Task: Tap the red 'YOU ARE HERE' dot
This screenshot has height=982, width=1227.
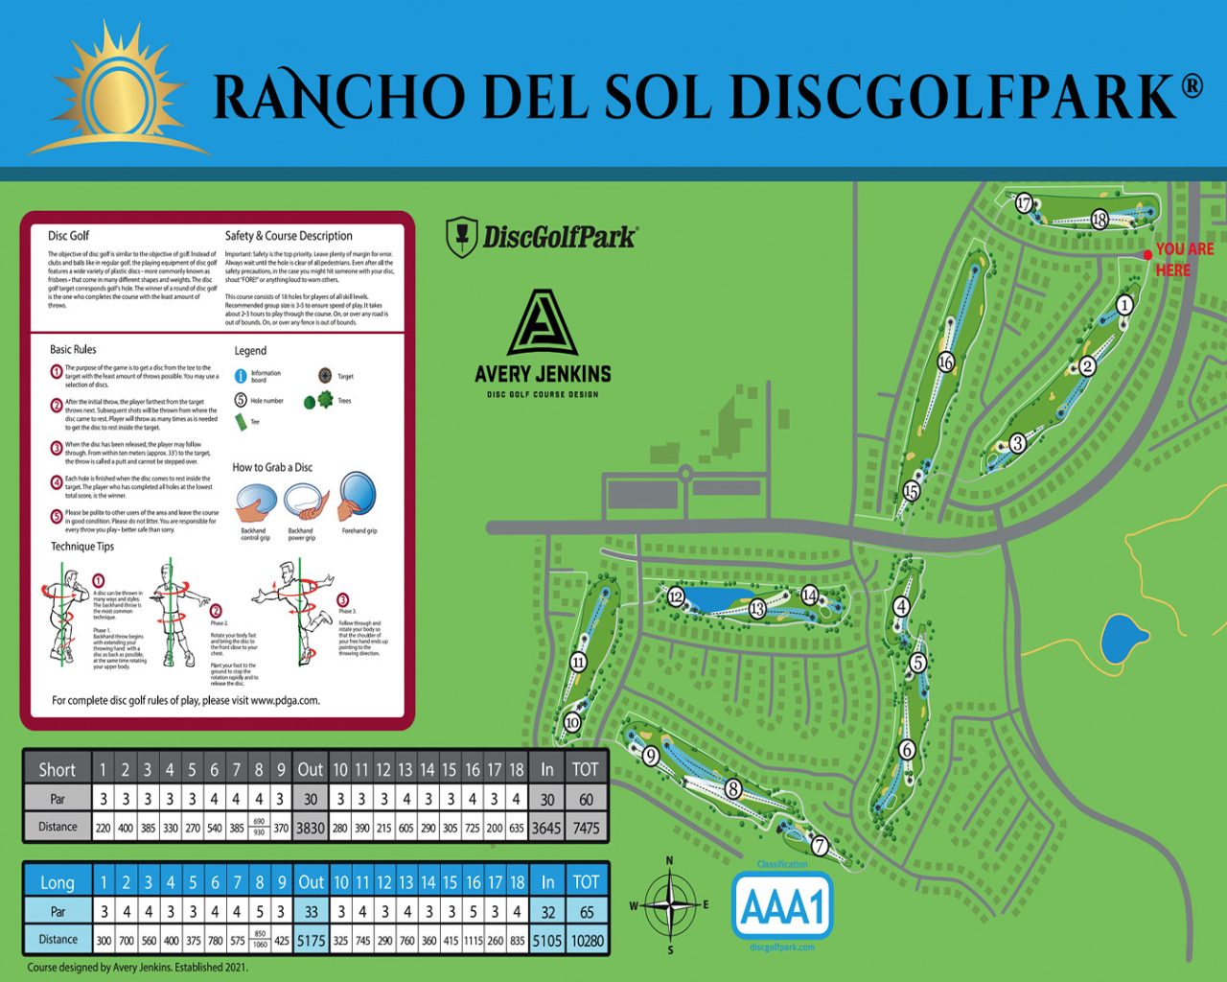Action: (1147, 255)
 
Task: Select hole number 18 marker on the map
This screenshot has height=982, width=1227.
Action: (1100, 220)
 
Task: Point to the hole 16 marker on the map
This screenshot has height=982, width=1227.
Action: (945, 362)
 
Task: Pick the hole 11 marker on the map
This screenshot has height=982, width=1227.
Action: (578, 662)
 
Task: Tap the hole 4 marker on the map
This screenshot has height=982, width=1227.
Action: (900, 606)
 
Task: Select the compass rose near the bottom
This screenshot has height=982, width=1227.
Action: (670, 904)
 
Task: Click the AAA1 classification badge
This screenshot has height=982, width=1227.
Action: (782, 906)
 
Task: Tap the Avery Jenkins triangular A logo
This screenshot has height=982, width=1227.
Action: (543, 324)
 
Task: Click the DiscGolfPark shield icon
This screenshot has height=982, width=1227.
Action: (462, 237)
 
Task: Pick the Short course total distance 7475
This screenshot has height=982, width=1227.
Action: (586, 828)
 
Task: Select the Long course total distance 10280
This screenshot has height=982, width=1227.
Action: (587, 940)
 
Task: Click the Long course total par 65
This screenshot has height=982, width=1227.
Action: (586, 911)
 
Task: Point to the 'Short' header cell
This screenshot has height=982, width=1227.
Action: (57, 769)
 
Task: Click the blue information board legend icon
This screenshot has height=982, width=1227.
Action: (241, 376)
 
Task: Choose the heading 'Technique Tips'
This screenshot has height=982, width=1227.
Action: (82, 547)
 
